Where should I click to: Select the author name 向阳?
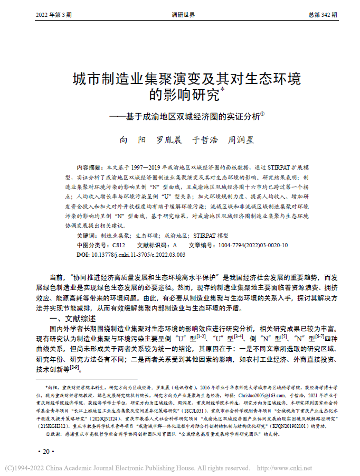click(130, 140)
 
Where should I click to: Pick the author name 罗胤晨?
click(169, 140)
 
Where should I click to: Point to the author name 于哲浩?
click(205, 140)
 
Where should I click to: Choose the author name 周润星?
click(240, 140)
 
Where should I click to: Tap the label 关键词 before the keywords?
click(87, 236)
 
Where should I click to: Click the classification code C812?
click(119, 245)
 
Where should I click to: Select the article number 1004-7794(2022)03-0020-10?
click(253, 245)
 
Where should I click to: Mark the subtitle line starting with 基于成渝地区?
click(186, 116)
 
